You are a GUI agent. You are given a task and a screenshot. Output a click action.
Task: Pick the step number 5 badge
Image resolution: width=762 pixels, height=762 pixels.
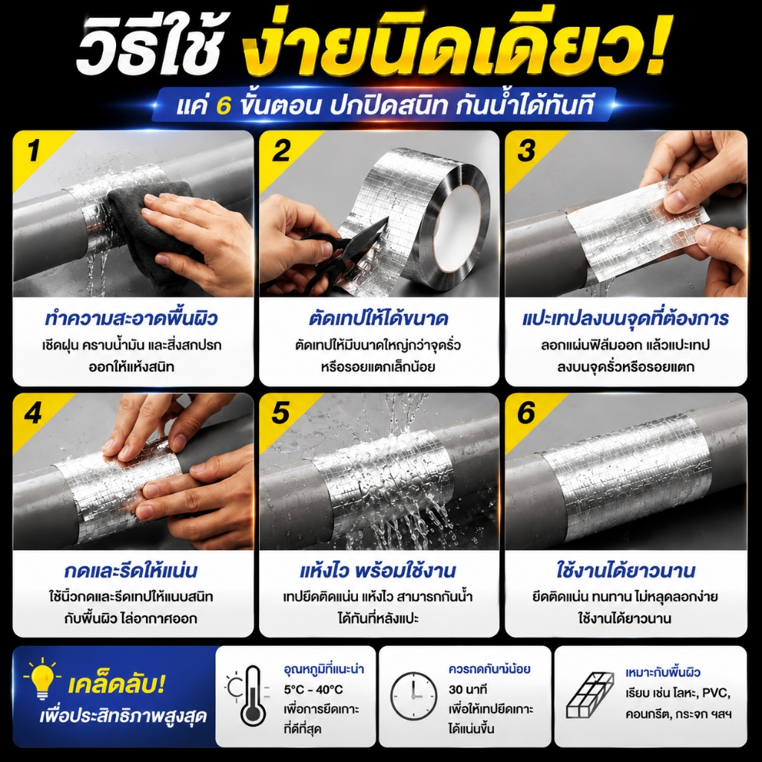pos(281,414)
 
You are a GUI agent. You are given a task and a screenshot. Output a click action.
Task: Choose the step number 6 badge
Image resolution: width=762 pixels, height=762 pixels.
pos(527,414)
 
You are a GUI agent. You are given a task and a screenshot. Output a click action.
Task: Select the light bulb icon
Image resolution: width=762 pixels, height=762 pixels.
pos(42,678)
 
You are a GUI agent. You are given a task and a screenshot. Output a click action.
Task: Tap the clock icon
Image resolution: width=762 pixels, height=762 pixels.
pos(413,696)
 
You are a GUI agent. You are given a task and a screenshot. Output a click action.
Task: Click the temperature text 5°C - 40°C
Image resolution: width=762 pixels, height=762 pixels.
pos(313,690)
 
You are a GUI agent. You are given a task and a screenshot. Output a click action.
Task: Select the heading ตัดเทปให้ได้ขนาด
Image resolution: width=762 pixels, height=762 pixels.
pos(378,318)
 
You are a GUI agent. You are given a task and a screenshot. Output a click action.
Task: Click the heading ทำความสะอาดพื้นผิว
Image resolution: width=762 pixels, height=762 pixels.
pos(131,318)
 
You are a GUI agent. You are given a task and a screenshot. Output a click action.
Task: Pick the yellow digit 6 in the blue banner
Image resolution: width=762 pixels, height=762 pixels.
pos(223,106)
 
